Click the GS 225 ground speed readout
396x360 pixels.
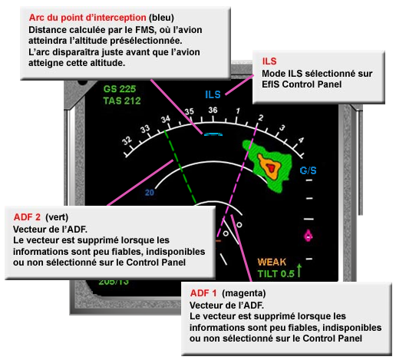click(x=119, y=88)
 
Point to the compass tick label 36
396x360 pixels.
click(x=213, y=111)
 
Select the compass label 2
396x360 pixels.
click(x=261, y=118)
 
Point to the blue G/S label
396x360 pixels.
click(x=308, y=170)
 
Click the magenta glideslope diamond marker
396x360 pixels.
click(x=309, y=235)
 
